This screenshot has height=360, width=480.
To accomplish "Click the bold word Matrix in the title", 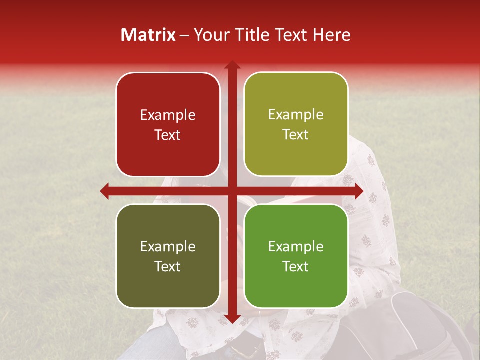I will click(x=148, y=35).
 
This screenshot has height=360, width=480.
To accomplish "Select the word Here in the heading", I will click(x=331, y=35).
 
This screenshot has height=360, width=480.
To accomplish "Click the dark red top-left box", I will click(x=168, y=124).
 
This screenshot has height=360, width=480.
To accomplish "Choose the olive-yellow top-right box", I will click(x=296, y=124).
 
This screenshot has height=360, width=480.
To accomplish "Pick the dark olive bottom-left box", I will click(x=168, y=256).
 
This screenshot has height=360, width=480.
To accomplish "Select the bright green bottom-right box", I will click(x=296, y=256).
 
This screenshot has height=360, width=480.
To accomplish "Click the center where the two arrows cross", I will click(x=232, y=191).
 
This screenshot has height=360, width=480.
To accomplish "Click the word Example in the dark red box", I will click(x=168, y=115).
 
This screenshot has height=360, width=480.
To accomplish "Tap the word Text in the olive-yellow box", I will click(x=296, y=135).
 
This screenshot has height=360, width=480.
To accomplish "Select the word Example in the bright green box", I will click(x=296, y=246).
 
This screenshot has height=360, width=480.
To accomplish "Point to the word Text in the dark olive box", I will click(x=168, y=266).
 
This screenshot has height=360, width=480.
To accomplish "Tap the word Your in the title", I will click(x=209, y=35).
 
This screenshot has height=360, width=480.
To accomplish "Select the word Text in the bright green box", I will click(x=296, y=266).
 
